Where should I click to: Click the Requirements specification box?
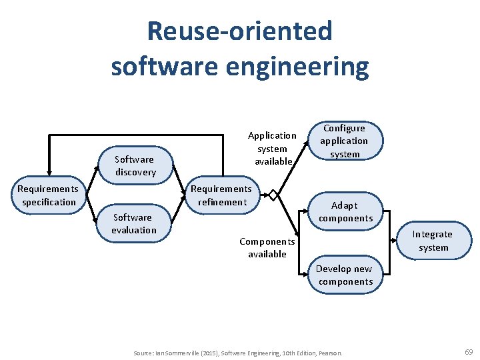click(49, 195)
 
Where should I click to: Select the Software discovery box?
click(135, 165)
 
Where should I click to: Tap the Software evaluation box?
click(134, 223)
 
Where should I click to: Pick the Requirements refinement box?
click(221, 195)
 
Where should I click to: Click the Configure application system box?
click(344, 141)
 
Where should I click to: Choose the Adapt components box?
click(345, 211)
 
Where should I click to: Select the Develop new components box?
click(345, 275)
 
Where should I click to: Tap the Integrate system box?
click(433, 241)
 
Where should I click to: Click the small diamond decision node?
click(273, 195)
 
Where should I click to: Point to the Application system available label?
click(272, 148)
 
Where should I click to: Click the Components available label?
click(267, 247)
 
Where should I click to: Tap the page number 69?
click(468, 351)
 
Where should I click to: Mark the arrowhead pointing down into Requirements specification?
click(49, 171)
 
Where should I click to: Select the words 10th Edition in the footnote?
click(290, 353)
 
